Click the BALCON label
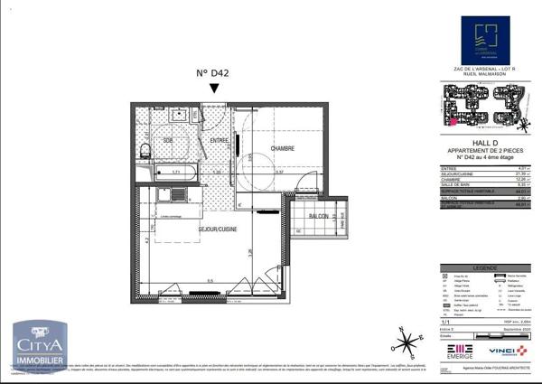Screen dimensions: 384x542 coord(317,217)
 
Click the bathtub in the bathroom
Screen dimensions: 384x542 coord(178,169)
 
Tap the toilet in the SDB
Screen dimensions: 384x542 coord(145,150)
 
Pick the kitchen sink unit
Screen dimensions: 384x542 coord(166,193)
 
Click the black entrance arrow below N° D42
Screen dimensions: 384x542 coord(213,89)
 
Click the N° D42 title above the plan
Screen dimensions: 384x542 coord(213,72)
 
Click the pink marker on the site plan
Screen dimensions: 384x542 coord(453,120)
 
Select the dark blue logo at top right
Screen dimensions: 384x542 coord(485,41)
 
